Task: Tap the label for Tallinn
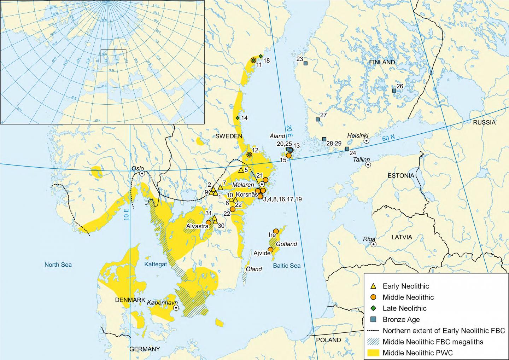pyautogui.click(x=362, y=159)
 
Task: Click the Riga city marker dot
pyautogui.click(x=373, y=244)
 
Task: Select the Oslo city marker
pyautogui.click(x=142, y=174)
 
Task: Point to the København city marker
pyautogui.click(x=176, y=308)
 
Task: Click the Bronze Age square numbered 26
pyautogui.click(x=394, y=91)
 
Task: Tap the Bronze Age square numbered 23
pyautogui.click(x=305, y=63)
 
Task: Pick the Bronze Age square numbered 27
pyautogui.click(x=317, y=120)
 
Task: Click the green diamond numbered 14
pyautogui.click(x=238, y=118)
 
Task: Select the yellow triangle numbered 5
pyautogui.click(x=241, y=170)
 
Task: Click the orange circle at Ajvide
pyautogui.click(x=270, y=250)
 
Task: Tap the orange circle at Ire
pyautogui.click(x=276, y=231)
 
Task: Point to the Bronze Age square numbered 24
pyautogui.click(x=347, y=149)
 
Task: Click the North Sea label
pyautogui.click(x=58, y=265)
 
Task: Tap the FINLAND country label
pyautogui.click(x=382, y=62)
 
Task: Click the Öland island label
pyautogui.click(x=254, y=269)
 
